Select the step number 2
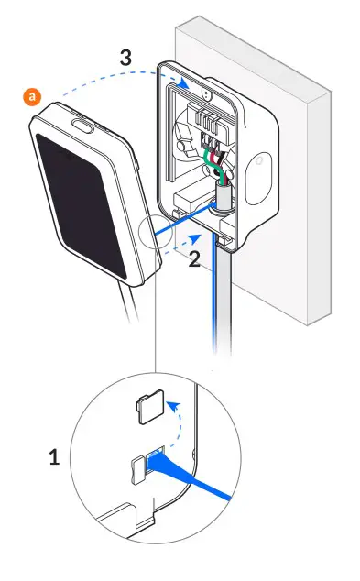coord(193,259)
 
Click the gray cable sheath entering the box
coord(220,193)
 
